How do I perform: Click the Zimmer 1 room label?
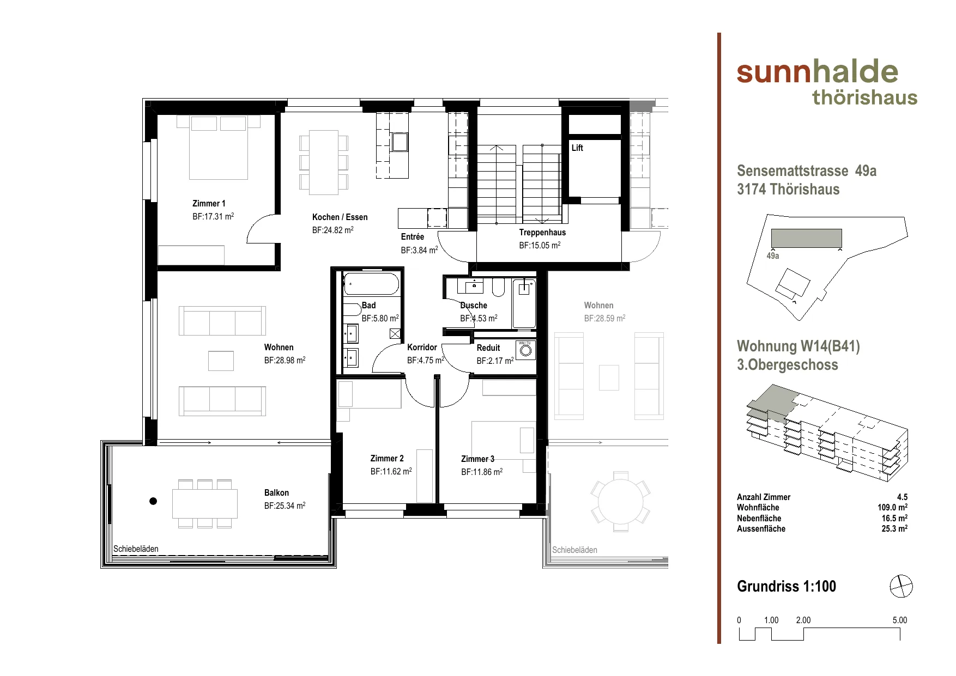[209, 203]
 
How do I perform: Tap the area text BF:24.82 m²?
[333, 230]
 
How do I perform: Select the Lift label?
[577, 148]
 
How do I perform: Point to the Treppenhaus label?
[542, 232]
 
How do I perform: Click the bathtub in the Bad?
[371, 284]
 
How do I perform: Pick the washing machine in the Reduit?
[525, 350]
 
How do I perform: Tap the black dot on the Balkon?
[153, 501]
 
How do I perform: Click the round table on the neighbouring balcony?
[620, 501]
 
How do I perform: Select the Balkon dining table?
[205, 504]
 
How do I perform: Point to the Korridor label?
[422, 347]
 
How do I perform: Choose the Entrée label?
[412, 236]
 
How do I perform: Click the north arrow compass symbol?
[901, 587]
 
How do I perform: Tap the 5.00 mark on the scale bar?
[900, 620]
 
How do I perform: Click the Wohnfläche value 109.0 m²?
[892, 507]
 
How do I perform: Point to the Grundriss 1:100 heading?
[786, 586]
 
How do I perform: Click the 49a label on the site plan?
[773, 255]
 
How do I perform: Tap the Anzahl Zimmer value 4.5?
[902, 497]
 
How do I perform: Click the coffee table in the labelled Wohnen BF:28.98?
[221, 361]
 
